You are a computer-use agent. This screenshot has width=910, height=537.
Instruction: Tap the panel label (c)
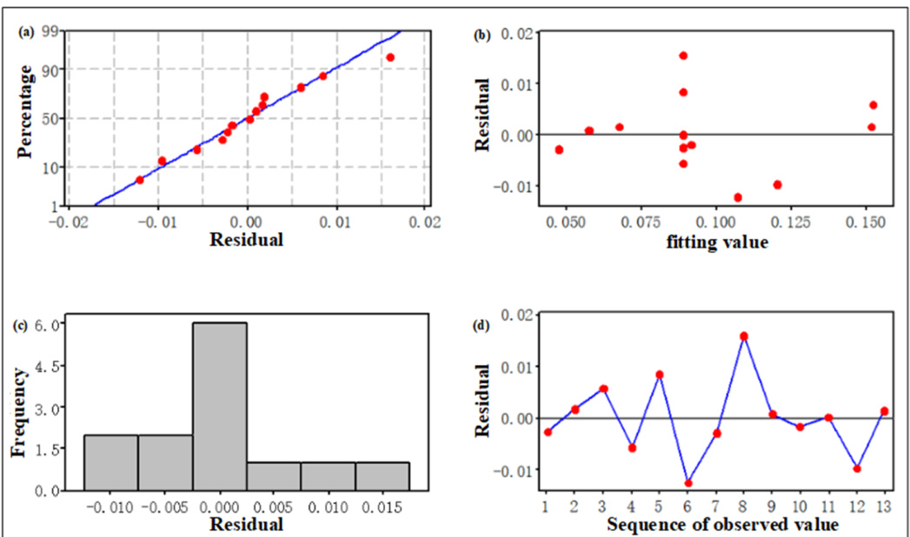click(27, 326)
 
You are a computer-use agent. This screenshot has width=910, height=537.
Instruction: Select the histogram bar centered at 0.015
click(382, 476)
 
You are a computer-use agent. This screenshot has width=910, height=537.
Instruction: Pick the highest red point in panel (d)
click(744, 336)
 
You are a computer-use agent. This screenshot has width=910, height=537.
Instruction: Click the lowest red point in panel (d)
click(688, 483)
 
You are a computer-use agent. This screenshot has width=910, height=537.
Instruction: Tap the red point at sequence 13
click(884, 411)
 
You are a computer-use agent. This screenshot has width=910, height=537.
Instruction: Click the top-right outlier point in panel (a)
click(390, 57)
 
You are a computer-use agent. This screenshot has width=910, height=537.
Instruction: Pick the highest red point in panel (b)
click(683, 56)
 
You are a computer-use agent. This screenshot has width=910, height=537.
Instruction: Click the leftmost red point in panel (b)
click(559, 149)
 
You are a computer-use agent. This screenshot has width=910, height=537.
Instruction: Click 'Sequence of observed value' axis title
click(721, 525)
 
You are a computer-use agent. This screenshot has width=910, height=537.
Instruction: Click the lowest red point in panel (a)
click(140, 180)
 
